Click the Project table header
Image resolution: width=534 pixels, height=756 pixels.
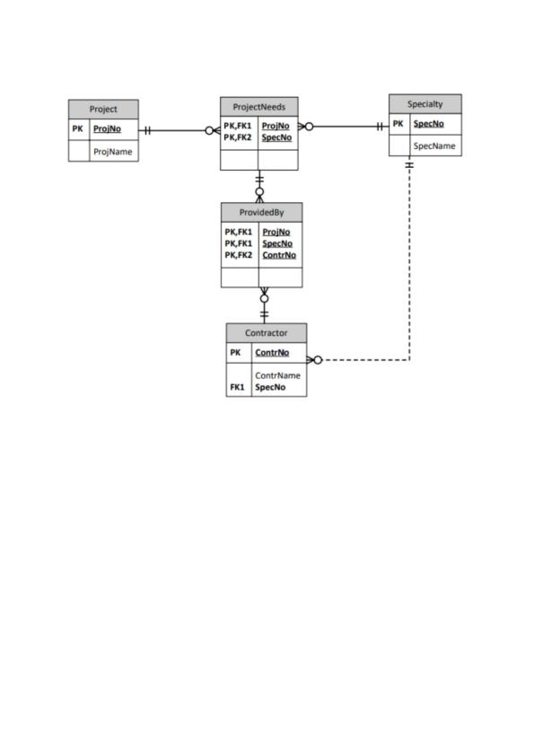[103, 109]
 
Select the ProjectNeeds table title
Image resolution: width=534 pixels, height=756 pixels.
[258, 107]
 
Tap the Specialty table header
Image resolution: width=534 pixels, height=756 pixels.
[425, 103]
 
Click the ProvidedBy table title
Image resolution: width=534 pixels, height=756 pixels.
[262, 212]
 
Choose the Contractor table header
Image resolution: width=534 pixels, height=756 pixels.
[266, 333]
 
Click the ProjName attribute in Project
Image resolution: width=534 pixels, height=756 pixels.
[113, 152]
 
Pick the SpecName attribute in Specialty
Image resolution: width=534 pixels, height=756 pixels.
[434, 145]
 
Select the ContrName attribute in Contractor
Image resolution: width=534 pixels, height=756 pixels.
[277, 375]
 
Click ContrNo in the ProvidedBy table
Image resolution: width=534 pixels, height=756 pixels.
[279, 255]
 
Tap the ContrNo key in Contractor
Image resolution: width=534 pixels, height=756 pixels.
[272, 353]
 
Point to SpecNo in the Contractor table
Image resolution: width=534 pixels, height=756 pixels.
[270, 387]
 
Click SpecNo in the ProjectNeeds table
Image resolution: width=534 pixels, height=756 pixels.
[276, 137]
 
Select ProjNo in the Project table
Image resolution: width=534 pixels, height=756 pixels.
[107, 128]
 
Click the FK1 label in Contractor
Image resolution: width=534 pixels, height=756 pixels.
[237, 387]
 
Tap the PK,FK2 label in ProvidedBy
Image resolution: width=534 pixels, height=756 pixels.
[239, 255]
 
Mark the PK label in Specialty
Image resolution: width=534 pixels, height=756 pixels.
[398, 123]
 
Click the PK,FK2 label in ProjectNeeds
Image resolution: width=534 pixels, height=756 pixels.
[238, 137]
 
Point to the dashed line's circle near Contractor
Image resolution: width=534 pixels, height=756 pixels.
[318, 360]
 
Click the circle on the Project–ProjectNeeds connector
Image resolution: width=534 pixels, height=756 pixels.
[209, 130]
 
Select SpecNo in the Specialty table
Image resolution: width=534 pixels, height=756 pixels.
[428, 123]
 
